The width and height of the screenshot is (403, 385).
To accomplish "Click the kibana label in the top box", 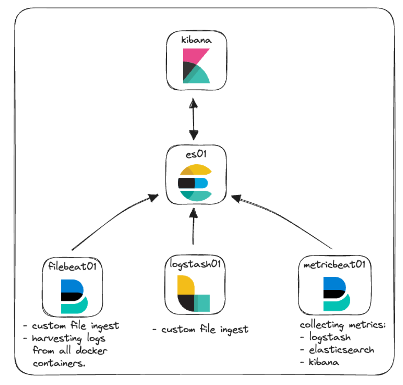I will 196,40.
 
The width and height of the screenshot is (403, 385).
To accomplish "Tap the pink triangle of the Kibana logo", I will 193,55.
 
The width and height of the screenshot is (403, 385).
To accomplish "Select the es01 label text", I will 196,154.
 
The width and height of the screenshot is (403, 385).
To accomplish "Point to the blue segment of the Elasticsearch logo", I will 201,183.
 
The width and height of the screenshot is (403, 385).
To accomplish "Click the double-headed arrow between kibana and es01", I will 194,119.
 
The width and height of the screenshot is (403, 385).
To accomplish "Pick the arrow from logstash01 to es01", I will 193,227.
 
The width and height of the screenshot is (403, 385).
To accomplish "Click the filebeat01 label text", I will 72,266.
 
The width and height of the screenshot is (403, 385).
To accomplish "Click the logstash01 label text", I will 195,264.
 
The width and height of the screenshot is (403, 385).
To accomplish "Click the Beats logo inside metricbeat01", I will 336,294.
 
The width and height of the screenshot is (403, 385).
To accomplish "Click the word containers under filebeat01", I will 59,363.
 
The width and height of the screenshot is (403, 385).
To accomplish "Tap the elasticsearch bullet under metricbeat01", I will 341,350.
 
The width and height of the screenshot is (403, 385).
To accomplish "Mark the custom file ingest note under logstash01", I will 204,330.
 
